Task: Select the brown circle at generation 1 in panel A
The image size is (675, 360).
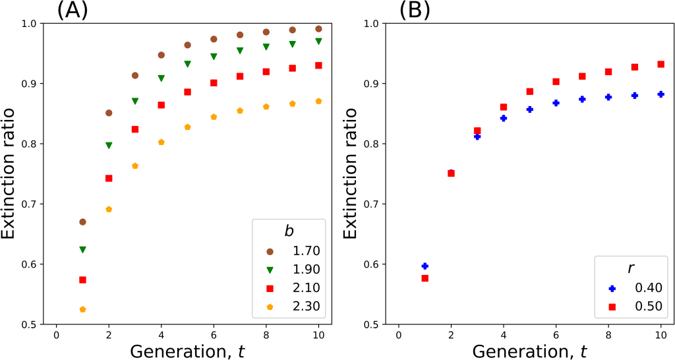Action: pyautogui.click(x=82, y=222)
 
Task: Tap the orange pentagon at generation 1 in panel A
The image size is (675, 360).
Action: pyautogui.click(x=82, y=309)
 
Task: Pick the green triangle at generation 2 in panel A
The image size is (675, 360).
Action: pyautogui.click(x=109, y=145)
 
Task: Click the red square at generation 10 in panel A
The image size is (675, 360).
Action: pyautogui.click(x=318, y=65)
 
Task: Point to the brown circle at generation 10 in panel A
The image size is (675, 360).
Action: pyautogui.click(x=318, y=29)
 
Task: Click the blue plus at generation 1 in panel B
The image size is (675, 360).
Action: pyautogui.click(x=425, y=266)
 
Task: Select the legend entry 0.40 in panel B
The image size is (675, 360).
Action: pyautogui.click(x=637, y=288)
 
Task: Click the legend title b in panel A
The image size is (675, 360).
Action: pyautogui.click(x=287, y=231)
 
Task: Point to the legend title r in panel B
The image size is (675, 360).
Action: pyautogui.click(x=630, y=268)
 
